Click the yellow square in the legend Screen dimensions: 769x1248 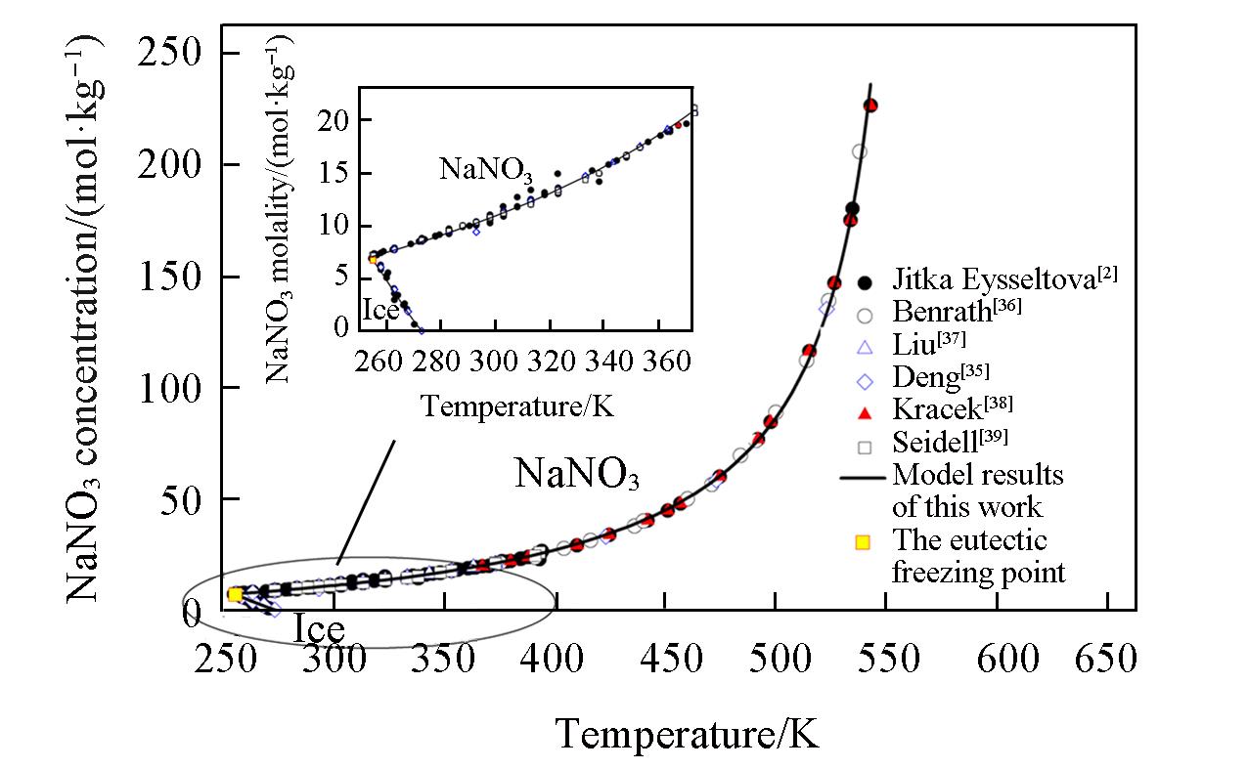coord(864,541)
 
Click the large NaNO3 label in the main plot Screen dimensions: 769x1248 coord(577,475)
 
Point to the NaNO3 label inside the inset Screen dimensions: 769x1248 coord(485,168)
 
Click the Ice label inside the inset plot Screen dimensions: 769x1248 coord(380,312)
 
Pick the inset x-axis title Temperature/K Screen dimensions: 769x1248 coord(517,404)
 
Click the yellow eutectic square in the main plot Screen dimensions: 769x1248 coord(235,594)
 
